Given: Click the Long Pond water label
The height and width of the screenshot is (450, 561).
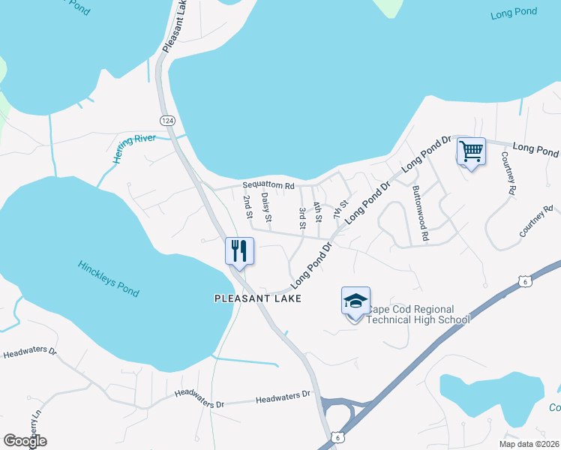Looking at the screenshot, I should [515, 13].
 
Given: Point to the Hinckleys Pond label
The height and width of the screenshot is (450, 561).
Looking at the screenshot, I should [109, 277].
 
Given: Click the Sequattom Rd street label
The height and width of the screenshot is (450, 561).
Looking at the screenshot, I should [268, 185].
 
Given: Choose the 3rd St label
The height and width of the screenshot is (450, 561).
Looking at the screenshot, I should [302, 217].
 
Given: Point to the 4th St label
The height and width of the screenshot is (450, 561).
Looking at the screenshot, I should [318, 212].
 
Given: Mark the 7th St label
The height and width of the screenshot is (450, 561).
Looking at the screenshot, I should [344, 205].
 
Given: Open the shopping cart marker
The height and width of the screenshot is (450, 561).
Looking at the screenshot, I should [471, 151].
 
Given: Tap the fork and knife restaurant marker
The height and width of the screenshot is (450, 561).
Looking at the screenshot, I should [239, 250].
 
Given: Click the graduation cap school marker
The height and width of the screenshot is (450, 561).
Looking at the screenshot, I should [355, 301].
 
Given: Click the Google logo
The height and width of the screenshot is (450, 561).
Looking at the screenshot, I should [25, 441].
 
